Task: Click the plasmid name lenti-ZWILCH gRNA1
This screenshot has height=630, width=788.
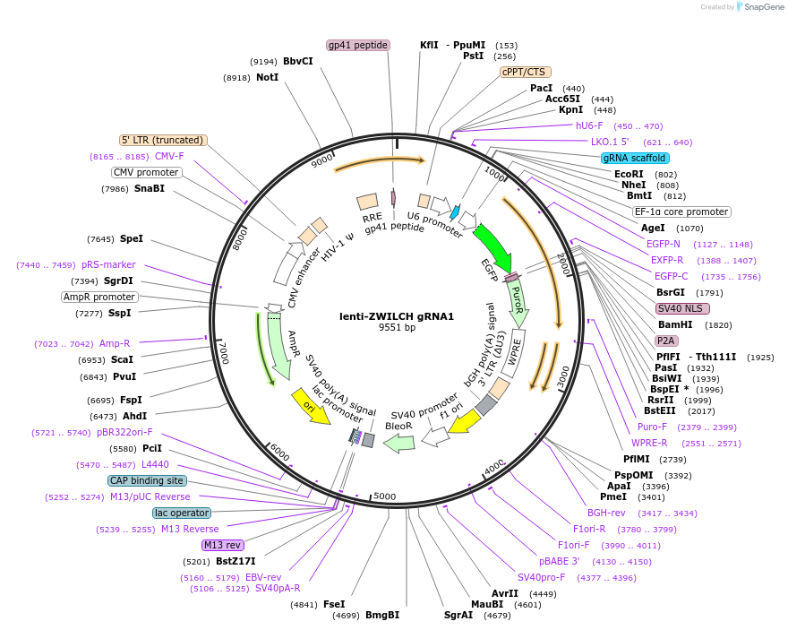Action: (397, 316)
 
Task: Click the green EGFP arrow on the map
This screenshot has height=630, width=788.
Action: (491, 246)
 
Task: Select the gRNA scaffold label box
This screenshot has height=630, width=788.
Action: (635, 158)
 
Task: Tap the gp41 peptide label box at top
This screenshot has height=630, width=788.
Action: (357, 45)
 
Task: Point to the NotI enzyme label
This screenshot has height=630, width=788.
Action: (267, 78)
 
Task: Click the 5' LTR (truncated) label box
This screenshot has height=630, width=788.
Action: (164, 140)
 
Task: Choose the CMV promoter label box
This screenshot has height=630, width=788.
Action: (146, 172)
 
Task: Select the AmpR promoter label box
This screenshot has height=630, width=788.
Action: (99, 297)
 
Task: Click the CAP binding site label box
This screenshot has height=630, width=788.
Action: (148, 480)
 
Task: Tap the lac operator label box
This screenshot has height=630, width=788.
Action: (181, 513)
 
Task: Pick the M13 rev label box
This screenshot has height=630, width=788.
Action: (222, 545)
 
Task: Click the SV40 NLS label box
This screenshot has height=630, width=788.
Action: (682, 308)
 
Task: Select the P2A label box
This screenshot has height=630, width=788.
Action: (665, 341)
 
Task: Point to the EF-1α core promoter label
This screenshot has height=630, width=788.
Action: (681, 212)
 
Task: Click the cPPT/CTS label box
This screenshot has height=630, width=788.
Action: (525, 72)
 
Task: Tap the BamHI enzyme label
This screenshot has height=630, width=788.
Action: (675, 324)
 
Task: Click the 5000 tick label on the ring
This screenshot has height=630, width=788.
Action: (384, 496)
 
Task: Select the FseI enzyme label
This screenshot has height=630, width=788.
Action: (333, 604)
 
